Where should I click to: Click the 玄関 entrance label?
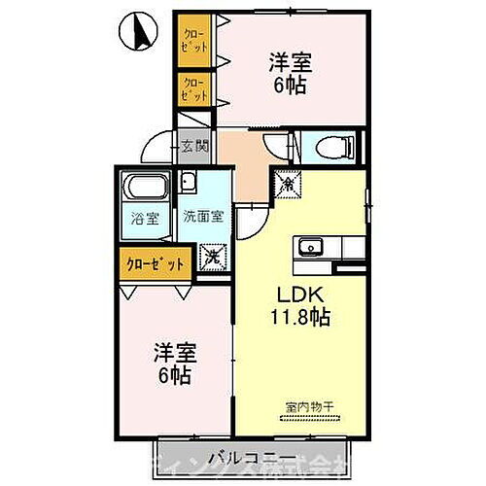[x=193, y=147]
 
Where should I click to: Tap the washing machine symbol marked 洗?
[x=212, y=258]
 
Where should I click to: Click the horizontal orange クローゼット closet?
[x=154, y=262]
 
